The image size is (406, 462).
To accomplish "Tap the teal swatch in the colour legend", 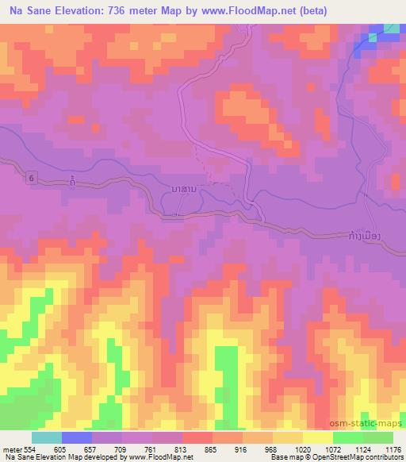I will click(x=47, y=437).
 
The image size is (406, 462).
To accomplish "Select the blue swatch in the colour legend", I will click(x=77, y=437).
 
